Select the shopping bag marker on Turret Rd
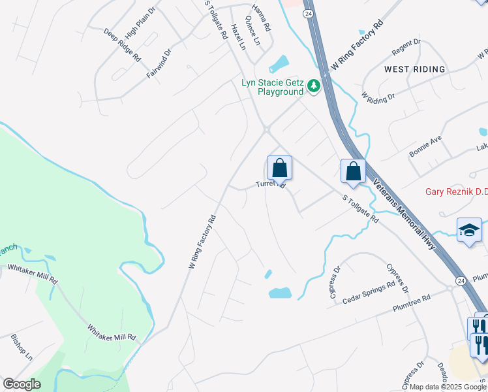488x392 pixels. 279,169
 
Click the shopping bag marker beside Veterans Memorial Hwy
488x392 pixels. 353,171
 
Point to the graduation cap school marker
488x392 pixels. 469,230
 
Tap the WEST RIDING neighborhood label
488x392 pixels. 414,69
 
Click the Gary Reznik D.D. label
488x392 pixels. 456,191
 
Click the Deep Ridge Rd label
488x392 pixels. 122,44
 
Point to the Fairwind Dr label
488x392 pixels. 159,63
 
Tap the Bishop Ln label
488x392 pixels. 22,347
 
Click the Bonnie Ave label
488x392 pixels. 425,146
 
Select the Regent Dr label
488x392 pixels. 406,47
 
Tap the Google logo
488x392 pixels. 22,384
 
